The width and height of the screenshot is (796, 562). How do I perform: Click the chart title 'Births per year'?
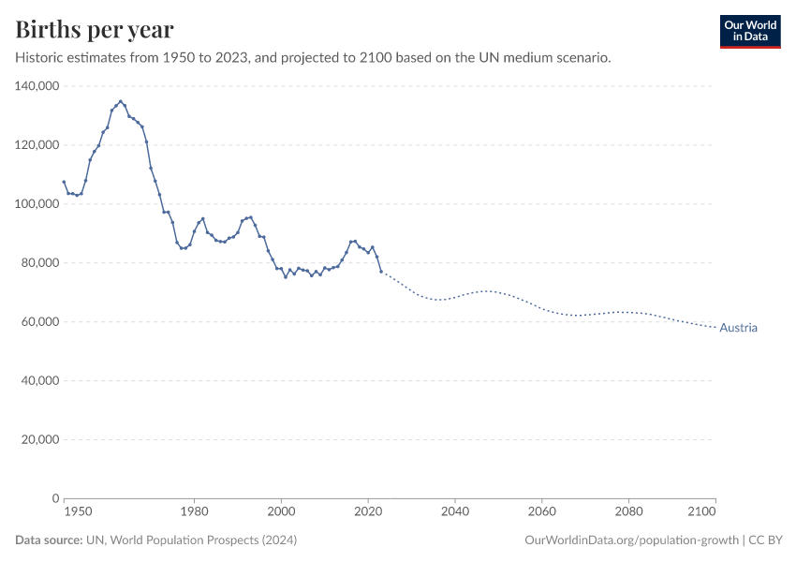95,30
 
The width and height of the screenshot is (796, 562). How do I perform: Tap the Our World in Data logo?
749,31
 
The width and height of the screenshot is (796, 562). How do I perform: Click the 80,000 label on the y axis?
40,263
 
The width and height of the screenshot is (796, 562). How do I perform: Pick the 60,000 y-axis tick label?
40,322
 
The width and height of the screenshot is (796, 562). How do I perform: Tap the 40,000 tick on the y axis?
40,381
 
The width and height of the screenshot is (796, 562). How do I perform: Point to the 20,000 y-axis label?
40,439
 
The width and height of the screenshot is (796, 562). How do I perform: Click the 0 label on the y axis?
56,498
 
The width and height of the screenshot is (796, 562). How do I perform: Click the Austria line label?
738,328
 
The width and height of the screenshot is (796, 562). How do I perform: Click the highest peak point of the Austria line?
120,101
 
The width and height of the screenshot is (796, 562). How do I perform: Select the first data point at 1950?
64,182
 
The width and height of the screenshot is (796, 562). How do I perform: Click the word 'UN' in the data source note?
95,540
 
